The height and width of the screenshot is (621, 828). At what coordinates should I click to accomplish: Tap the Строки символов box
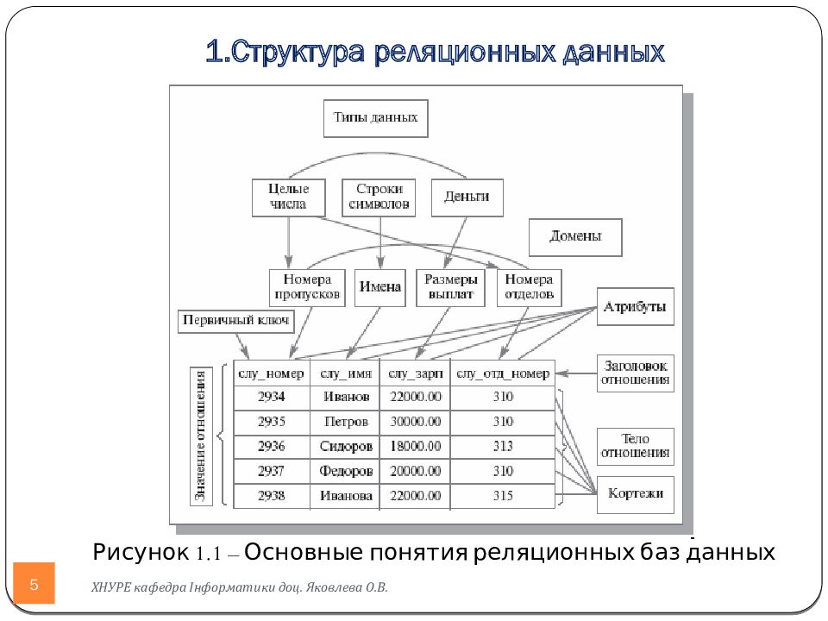click(x=379, y=198)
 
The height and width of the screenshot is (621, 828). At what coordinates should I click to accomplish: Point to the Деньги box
click(x=467, y=198)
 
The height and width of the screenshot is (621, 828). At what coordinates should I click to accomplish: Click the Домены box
click(x=575, y=236)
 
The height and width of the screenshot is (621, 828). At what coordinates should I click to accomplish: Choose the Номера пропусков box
click(x=307, y=287)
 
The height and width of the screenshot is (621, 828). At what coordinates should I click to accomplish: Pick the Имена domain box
click(x=380, y=287)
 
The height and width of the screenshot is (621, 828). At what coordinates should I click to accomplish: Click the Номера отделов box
click(x=529, y=287)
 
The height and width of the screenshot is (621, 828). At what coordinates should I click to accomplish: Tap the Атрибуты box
click(x=635, y=307)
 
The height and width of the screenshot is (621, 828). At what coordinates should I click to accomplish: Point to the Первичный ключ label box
click(x=236, y=322)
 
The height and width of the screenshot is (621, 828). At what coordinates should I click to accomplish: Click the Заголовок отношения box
click(x=636, y=373)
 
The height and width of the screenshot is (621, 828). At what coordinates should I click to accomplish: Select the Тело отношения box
click(x=636, y=446)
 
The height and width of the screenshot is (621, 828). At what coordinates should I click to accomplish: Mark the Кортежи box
click(x=636, y=494)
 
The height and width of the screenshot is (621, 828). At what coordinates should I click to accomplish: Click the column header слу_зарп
click(x=416, y=373)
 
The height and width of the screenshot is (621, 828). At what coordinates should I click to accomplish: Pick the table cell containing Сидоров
click(x=345, y=447)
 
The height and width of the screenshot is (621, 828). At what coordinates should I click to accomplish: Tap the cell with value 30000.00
click(x=416, y=423)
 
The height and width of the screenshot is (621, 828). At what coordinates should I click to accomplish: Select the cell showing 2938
click(x=271, y=496)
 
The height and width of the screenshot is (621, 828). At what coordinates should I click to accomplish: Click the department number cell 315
click(x=503, y=496)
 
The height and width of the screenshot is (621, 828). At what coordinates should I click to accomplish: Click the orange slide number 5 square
click(x=34, y=584)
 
